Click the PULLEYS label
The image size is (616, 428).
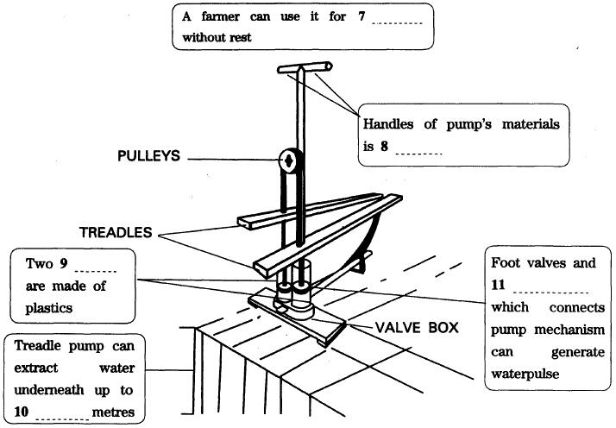coord(148,156)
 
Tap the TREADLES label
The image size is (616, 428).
coord(115,232)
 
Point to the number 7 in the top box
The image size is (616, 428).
coord(361,18)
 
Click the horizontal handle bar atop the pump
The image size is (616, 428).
coord(305,66)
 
